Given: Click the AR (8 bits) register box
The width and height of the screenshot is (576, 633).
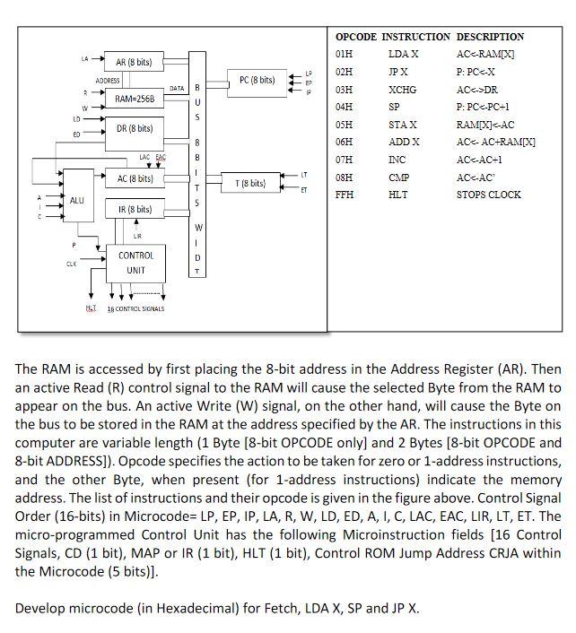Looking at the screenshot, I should [x=134, y=63].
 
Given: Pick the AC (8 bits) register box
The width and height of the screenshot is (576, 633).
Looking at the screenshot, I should [x=135, y=178].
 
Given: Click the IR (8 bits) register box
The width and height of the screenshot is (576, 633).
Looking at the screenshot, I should [x=135, y=210].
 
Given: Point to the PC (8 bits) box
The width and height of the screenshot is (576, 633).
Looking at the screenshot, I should [x=256, y=81].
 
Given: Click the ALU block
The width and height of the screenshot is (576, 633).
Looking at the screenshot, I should [x=77, y=200].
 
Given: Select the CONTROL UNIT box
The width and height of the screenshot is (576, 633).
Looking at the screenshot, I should [x=136, y=263].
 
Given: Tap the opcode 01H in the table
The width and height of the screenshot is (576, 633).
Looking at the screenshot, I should [x=344, y=55].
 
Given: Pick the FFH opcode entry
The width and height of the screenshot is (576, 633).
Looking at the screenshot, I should [x=344, y=195].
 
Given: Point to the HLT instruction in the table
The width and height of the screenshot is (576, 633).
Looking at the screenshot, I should [x=398, y=195].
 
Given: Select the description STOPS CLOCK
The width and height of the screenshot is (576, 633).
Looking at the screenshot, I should [x=488, y=195].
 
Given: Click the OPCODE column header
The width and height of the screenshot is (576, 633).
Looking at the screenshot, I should [x=355, y=37].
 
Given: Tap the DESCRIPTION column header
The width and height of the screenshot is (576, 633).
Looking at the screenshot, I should [x=490, y=37].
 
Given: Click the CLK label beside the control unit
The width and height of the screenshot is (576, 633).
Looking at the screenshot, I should [x=71, y=264].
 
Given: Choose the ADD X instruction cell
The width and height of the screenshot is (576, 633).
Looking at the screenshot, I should [x=404, y=142].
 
